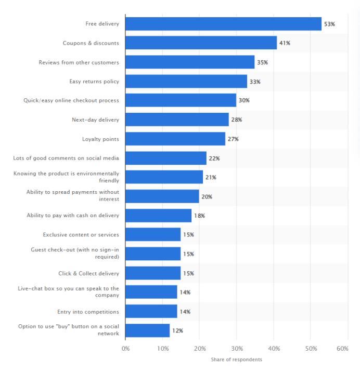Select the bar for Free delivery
point(223,24)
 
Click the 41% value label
point(285,43)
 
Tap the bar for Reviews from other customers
point(190,62)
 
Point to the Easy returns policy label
point(94,82)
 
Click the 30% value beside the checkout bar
point(244,100)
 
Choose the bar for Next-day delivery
point(177,120)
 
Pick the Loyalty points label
point(100,139)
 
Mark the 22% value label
point(214,158)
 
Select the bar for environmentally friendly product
point(164,177)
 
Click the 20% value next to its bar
point(207,196)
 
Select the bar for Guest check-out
point(153,254)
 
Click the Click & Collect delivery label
point(88,273)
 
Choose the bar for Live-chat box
point(151,292)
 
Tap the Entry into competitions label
point(88,312)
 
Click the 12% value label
point(177,330)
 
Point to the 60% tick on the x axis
point(342,349)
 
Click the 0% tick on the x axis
point(125,349)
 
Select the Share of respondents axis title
point(237,360)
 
